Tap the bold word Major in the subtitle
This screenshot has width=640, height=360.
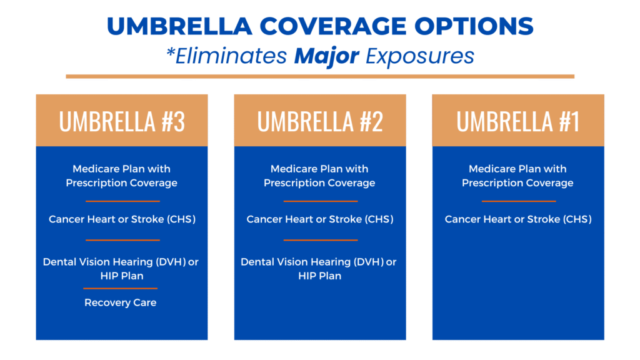326,56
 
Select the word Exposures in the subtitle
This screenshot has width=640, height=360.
420,56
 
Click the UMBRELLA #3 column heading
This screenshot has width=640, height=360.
122,121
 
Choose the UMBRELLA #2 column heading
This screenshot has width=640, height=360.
320,121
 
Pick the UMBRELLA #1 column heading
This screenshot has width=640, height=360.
518,121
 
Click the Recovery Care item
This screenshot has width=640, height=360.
121,303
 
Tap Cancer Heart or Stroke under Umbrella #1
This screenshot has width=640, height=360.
518,219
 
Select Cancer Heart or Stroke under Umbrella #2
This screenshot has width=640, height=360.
320,219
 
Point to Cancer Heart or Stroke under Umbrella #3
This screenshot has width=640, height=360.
122,219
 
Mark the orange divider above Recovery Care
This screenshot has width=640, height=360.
121,288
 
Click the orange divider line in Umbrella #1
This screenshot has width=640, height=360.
518,201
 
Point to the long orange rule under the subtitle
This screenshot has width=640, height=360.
320,76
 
